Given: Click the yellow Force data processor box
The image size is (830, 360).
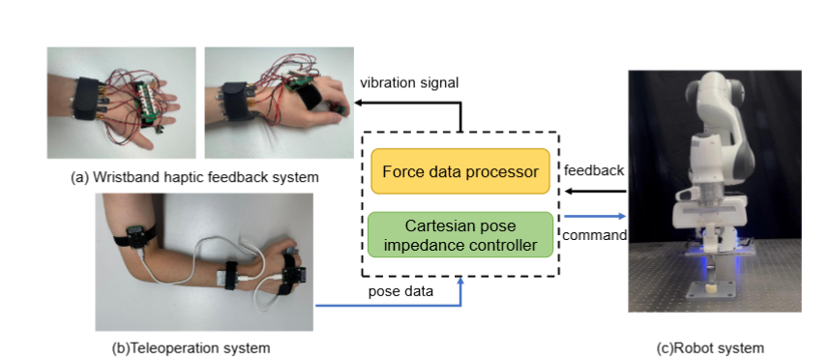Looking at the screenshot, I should pos(459,171).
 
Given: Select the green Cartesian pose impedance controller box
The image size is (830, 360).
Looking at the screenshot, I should pos(459,235).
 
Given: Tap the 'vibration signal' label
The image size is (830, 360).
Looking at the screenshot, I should pos(409,83).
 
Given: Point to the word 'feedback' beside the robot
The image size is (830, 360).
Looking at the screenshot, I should pos(593,170).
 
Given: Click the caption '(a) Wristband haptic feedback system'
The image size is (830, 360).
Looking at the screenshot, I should pos(194,178).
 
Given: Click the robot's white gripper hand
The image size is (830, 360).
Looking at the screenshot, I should pos(714,218).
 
